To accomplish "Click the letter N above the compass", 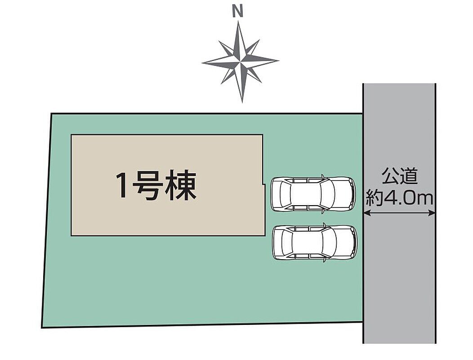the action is coord(238,12).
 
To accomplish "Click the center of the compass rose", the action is coord(240,62).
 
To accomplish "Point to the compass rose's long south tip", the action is coord(242,103).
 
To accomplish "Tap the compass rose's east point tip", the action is coord(278,61).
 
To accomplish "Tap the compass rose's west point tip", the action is coord(202,63).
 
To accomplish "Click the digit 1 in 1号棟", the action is coord(122,185).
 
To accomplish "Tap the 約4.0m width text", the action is coord(399,198).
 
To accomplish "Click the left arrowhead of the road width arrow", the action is coord(366,213).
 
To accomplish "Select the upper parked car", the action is coord(313,194).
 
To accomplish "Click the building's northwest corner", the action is coord(71,135).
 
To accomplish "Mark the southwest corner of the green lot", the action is coord(42,328).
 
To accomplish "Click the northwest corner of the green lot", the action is coord(51,114).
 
